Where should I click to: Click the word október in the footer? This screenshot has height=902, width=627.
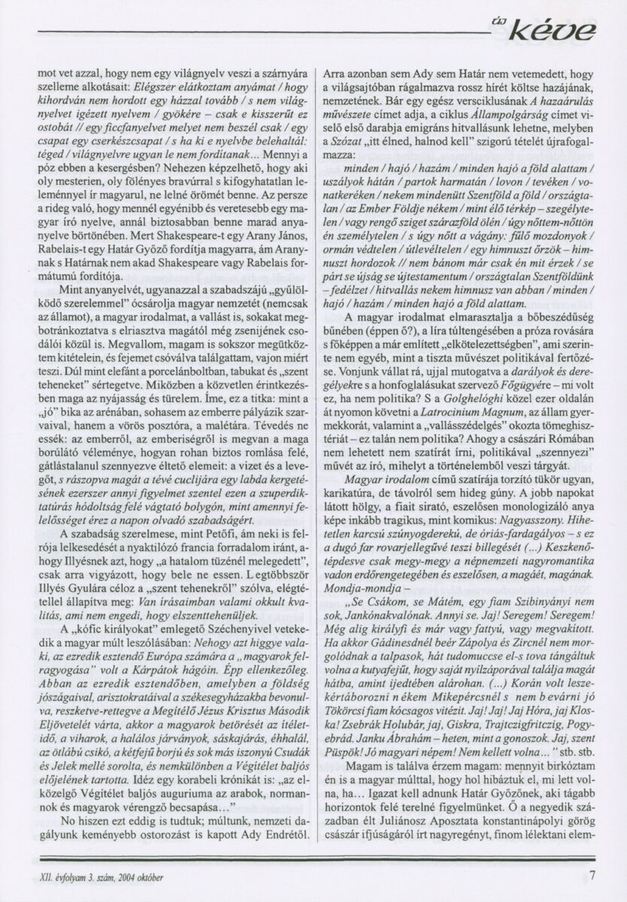pyautogui.click(x=147, y=876)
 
